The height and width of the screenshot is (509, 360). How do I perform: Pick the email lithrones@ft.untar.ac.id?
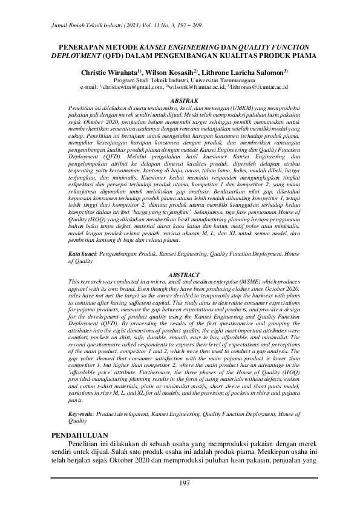point(260,87)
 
